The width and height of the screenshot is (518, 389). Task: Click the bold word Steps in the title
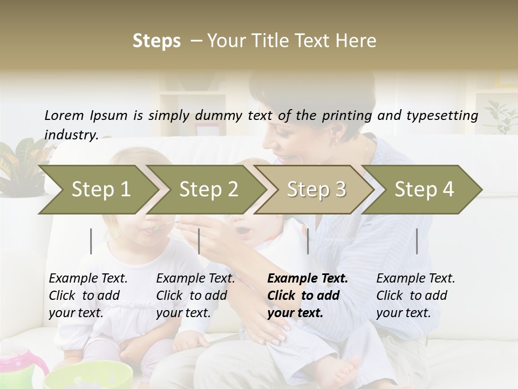(156, 41)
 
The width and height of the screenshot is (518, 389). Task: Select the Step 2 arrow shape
(208, 189)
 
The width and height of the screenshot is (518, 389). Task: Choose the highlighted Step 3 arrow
(316, 189)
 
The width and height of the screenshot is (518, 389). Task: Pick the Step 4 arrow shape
(424, 189)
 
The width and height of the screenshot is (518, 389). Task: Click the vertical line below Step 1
(91, 241)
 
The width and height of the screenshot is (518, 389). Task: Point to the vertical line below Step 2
(199, 241)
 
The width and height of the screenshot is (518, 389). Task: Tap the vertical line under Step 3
(308, 241)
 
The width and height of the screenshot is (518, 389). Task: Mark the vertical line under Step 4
(417, 241)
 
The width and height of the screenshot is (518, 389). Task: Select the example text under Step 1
(88, 295)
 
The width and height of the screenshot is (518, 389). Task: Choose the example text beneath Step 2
(195, 295)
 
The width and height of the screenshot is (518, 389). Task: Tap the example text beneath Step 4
(415, 295)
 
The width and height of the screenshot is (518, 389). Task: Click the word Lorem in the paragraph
(64, 115)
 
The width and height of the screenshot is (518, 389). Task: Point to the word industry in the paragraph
(71, 135)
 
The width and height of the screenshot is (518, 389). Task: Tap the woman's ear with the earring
(336, 139)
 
